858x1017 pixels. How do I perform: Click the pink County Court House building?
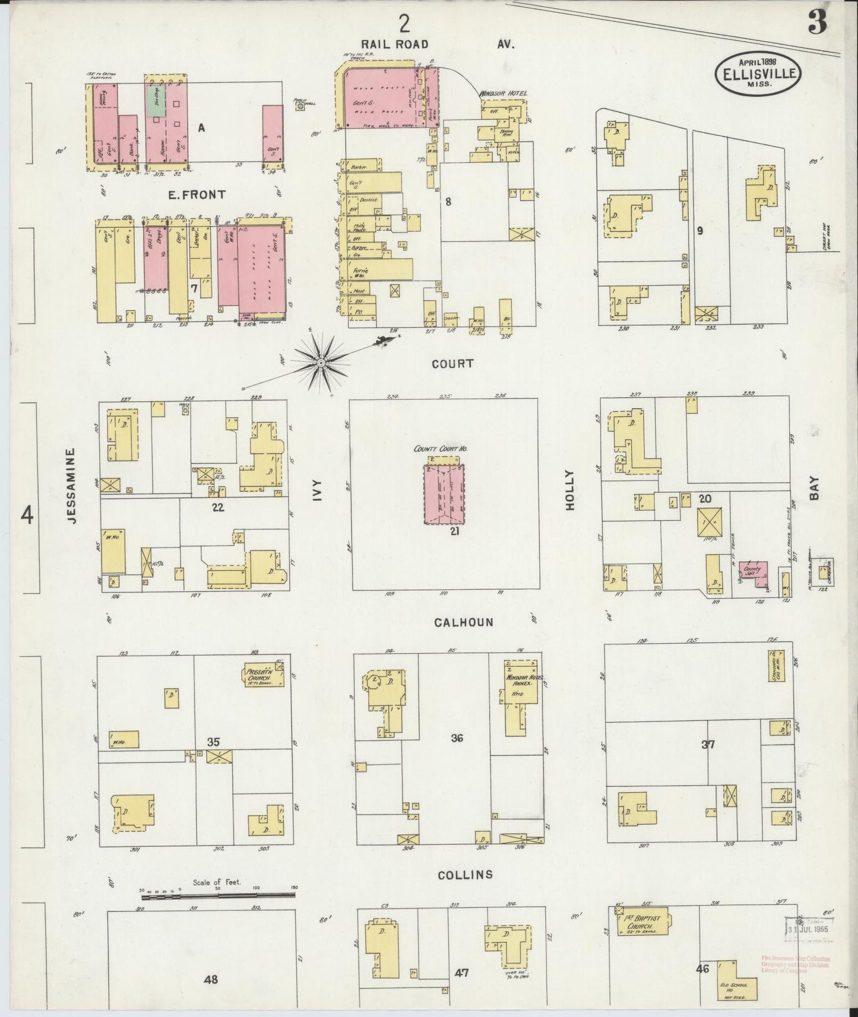coord(445,494)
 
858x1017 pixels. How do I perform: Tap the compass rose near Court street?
coord(321,361)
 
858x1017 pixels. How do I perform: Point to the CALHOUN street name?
coord(455,622)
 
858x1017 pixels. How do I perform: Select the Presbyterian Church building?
coord(262,675)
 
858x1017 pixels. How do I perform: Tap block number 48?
coord(210,979)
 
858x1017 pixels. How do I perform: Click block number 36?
coord(457,738)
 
